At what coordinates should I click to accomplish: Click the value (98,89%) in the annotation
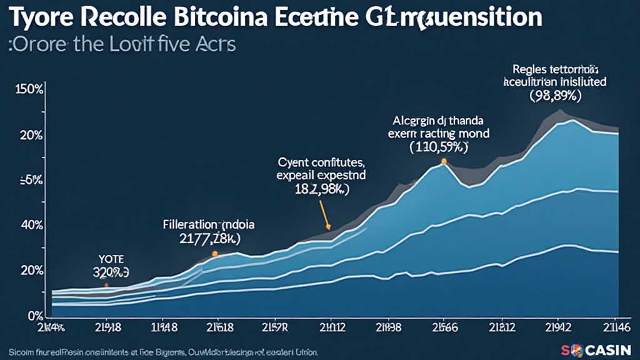pos(556,96)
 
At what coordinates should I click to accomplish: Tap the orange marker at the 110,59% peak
pos(444,161)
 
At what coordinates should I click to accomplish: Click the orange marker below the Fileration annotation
pos(214,254)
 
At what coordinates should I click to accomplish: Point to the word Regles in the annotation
pos(527,69)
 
